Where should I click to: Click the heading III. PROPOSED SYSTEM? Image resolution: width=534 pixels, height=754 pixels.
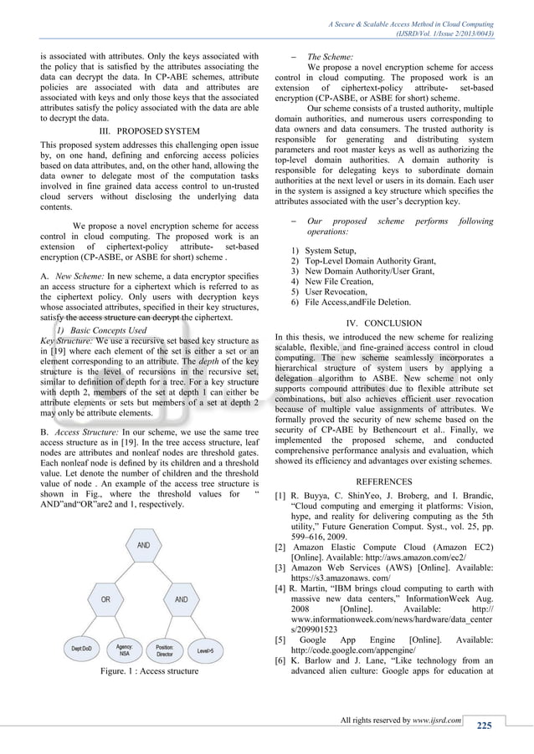149,131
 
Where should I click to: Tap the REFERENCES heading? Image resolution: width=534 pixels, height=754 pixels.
383,481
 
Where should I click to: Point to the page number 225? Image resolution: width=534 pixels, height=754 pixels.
485,725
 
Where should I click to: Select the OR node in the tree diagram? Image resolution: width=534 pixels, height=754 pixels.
105,599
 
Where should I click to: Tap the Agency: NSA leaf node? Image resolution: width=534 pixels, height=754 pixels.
125,648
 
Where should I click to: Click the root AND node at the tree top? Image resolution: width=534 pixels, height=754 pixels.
143,545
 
